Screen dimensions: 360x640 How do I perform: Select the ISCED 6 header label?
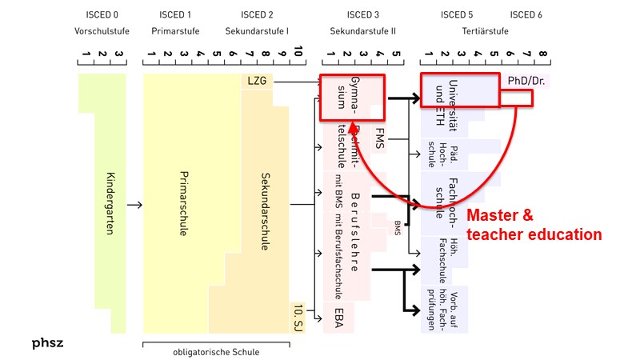(526, 14)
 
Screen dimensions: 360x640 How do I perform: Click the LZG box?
(256, 82)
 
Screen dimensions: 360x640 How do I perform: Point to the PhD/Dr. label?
(526, 82)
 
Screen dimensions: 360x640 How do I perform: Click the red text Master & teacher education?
(534, 225)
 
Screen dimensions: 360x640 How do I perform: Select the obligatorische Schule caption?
(217, 351)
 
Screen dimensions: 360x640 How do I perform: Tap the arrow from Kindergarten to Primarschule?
(134, 206)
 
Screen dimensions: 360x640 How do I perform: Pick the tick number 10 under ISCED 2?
(298, 53)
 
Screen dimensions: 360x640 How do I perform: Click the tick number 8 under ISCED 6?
(544, 56)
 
